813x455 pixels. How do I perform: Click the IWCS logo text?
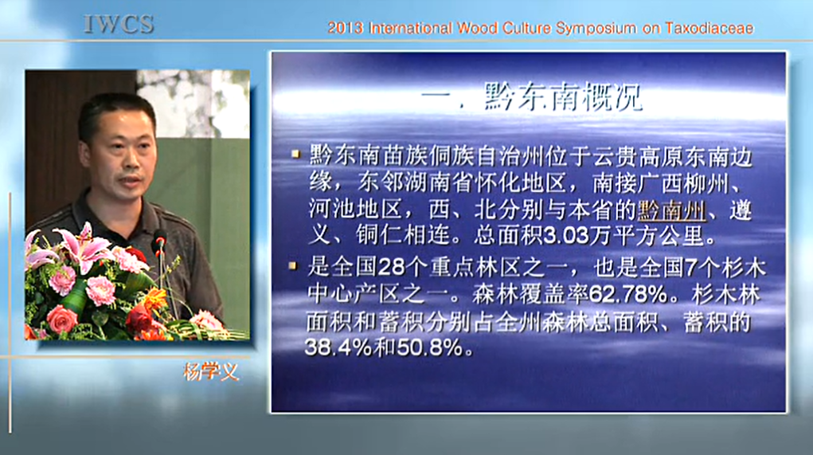pyautogui.click(x=119, y=24)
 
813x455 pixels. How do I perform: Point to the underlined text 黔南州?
pyautogui.click(x=672, y=210)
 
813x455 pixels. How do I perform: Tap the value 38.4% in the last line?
pyautogui.click(x=338, y=347)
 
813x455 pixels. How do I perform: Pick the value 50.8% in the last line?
pyautogui.click(x=430, y=347)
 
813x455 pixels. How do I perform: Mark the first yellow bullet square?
pyautogui.click(x=296, y=154)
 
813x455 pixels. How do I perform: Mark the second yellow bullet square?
pyautogui.click(x=294, y=265)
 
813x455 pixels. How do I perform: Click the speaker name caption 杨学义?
pyautogui.click(x=211, y=371)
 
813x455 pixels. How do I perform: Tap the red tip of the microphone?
pyautogui.click(x=160, y=241)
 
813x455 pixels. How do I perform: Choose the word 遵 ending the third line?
pyautogui.click(x=740, y=210)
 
